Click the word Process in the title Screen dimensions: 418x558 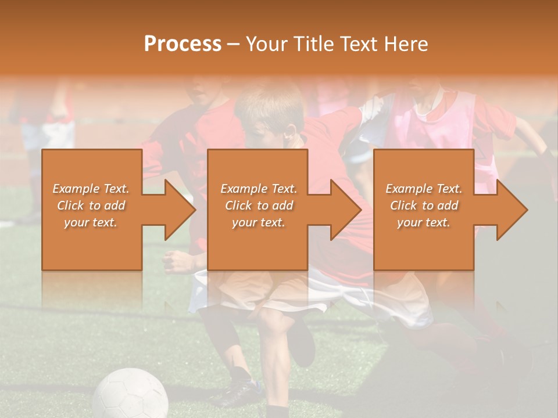183,44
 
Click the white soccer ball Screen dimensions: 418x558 130,395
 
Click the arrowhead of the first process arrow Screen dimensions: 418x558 177,210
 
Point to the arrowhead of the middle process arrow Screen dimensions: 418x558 344,210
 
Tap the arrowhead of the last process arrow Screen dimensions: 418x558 510,210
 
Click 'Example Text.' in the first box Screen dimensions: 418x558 91,189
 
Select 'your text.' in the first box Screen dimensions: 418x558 91,222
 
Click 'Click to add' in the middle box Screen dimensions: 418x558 259,206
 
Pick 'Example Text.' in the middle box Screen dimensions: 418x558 259,189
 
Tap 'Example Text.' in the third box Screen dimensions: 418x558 424,189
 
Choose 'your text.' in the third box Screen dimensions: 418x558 424,222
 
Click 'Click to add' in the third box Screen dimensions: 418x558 424,206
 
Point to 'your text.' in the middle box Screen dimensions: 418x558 259,222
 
